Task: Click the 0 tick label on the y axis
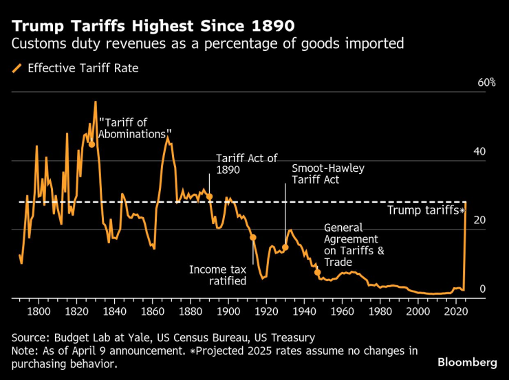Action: pos(482,289)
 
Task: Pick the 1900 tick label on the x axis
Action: pos(228,311)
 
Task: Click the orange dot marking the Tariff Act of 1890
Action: pos(209,197)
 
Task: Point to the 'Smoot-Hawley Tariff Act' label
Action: pos(328,174)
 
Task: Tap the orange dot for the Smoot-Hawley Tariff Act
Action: pos(285,247)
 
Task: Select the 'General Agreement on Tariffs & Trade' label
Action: pos(354,245)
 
